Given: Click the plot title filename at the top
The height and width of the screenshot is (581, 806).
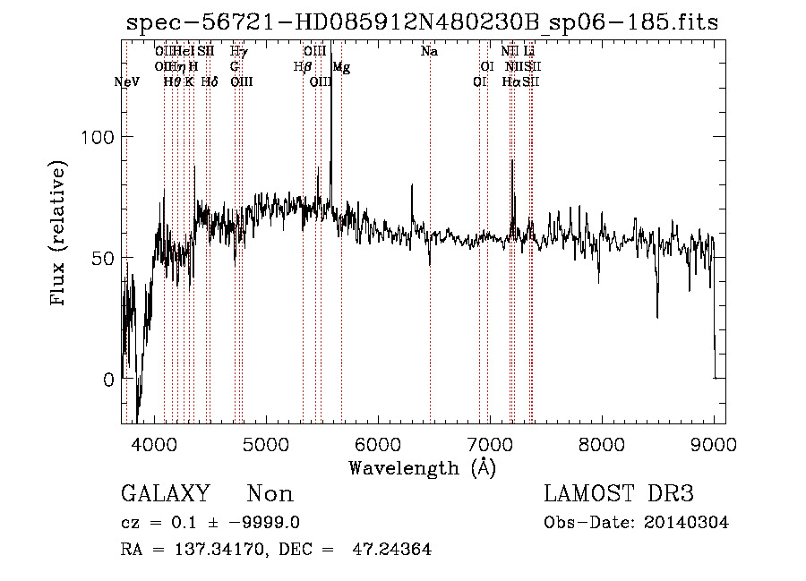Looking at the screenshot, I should [423, 22].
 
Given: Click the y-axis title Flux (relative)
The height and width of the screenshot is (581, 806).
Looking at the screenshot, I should [59, 235].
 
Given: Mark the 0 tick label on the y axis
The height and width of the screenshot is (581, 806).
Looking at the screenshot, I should [109, 379].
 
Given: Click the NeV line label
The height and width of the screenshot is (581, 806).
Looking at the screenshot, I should [128, 81].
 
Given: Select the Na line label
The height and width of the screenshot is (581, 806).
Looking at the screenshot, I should [429, 52].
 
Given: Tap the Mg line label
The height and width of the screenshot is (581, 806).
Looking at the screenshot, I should [341, 67].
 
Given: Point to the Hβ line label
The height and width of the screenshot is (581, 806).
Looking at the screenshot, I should [303, 66].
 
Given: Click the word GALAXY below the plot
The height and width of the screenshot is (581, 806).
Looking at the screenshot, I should [165, 494].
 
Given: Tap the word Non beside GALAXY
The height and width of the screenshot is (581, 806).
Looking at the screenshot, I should [270, 494].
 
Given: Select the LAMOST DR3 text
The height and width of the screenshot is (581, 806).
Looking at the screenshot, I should [619, 494].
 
